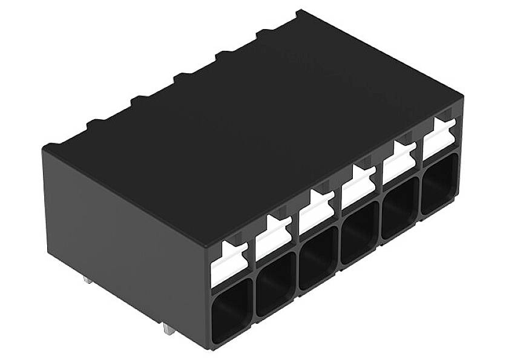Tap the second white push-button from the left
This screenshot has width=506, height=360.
click(273, 237)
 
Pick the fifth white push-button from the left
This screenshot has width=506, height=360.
click(399, 162)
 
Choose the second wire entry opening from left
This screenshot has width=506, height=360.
click(275, 282)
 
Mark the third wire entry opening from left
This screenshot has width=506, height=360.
click(318, 257)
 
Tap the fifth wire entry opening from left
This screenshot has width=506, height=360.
click(400, 208)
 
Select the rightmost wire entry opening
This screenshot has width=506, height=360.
click(440, 183)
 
